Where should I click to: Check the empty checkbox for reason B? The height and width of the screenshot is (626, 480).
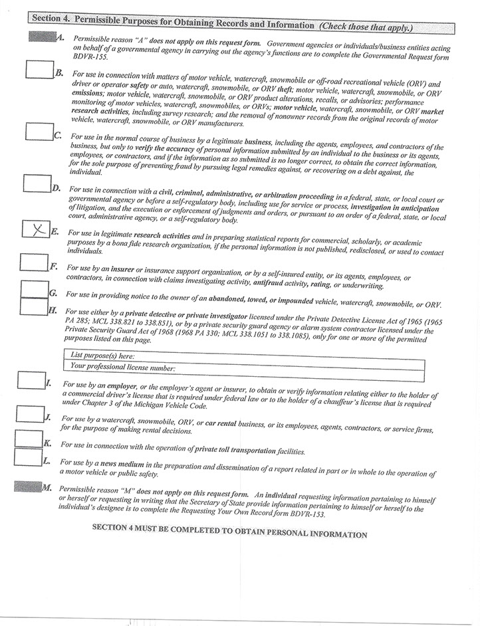point(39,69)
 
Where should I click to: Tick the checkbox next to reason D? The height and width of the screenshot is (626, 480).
point(37,183)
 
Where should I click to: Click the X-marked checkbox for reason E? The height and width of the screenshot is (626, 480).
point(35,229)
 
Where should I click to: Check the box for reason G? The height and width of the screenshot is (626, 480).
point(34,289)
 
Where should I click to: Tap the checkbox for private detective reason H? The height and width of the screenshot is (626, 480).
point(34,306)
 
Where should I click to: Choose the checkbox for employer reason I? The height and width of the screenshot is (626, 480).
point(31,380)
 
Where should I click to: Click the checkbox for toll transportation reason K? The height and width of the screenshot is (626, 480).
point(28,438)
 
